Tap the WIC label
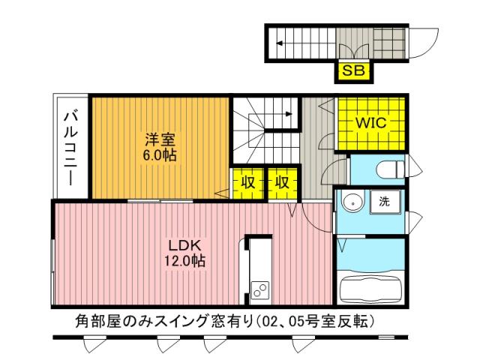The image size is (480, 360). [x=370, y=123]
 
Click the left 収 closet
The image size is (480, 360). [x=246, y=182]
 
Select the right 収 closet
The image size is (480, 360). [x=282, y=182]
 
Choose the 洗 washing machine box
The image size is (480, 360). [x=384, y=201]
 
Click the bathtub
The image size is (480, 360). [x=371, y=288]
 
